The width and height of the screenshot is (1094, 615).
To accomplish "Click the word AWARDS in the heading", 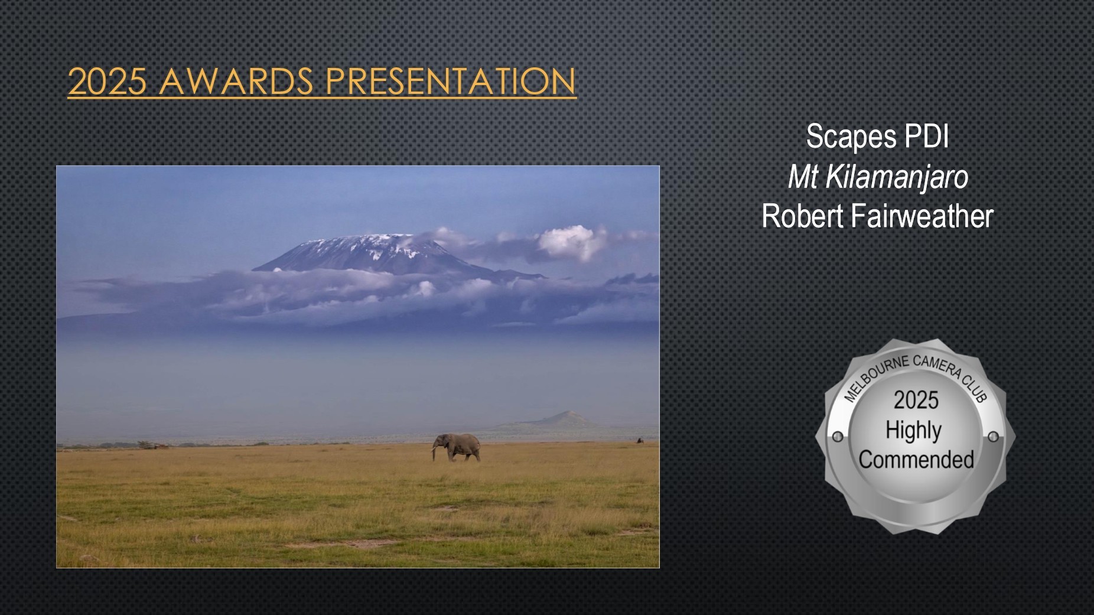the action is coord(236,81).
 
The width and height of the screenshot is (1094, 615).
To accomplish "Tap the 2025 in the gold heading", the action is coord(107,81).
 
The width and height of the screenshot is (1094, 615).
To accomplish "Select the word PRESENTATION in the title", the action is coord(451,81).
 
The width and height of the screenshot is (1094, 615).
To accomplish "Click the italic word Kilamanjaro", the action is coord(897,177).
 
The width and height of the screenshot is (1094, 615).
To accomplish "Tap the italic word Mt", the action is coord(803,177).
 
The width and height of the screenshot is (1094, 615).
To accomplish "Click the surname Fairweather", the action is coord(922,216).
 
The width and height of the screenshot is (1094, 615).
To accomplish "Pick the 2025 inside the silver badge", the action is coord(916,400).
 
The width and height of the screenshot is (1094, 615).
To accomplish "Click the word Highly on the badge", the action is coord(913,431).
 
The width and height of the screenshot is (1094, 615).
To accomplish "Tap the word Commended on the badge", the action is coord(916,460).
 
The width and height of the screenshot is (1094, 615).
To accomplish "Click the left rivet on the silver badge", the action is coord(838,437).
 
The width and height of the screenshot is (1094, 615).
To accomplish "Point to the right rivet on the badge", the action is coord(993,437).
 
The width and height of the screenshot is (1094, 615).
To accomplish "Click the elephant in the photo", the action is coord(456,447).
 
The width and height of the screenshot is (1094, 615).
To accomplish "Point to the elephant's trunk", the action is coord(435,453).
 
